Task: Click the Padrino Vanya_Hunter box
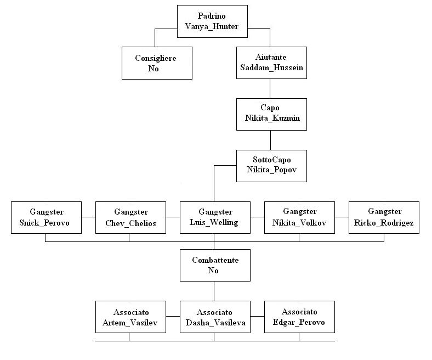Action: (x=212, y=21)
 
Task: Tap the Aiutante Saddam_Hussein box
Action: (x=271, y=63)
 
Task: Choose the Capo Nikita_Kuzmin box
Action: (x=271, y=114)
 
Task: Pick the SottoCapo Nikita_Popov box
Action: (x=271, y=165)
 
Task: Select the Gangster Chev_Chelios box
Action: (x=130, y=217)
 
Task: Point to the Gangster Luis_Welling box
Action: (x=214, y=217)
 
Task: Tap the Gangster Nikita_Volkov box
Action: (x=299, y=217)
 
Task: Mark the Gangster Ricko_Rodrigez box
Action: (x=384, y=217)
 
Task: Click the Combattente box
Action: (x=214, y=266)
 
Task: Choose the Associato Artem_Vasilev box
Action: (x=130, y=317)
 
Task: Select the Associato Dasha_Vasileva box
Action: (x=214, y=317)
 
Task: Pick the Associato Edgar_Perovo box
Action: (x=299, y=317)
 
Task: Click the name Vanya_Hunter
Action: (x=212, y=26)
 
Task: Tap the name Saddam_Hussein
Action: (x=271, y=68)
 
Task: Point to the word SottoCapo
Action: (x=270, y=160)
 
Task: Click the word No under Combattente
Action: (x=214, y=271)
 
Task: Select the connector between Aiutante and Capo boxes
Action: (x=270, y=88)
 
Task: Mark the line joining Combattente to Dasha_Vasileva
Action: (x=214, y=291)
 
